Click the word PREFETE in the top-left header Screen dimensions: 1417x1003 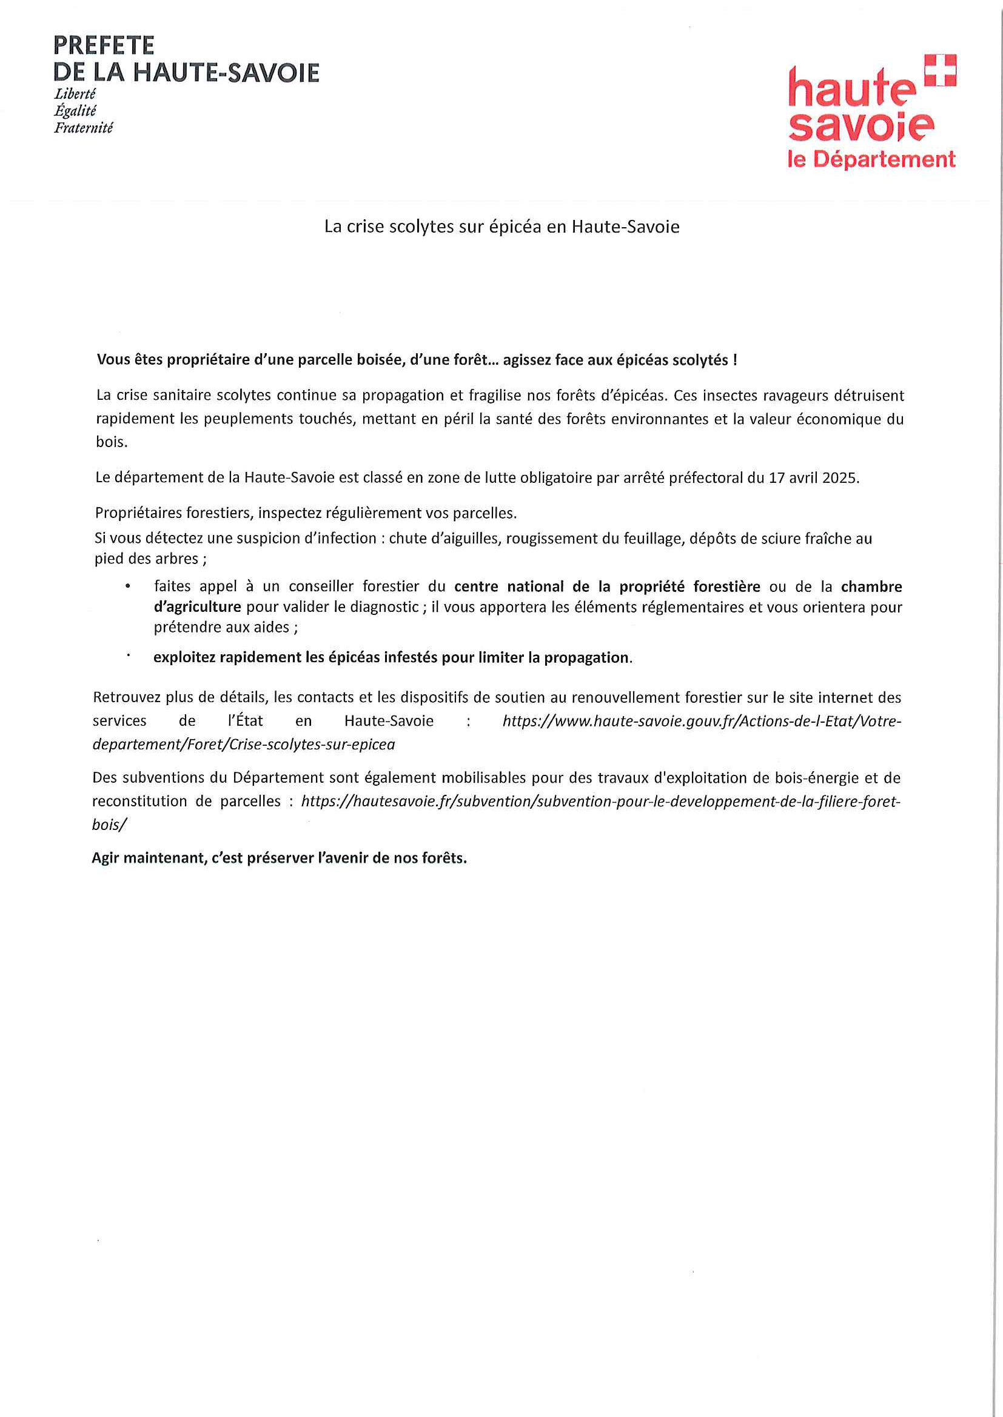point(104,45)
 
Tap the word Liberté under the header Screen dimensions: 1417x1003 point(75,95)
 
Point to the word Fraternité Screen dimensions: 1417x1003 point(83,128)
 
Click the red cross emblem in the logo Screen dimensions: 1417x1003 point(939,70)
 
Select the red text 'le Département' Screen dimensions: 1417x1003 point(871,159)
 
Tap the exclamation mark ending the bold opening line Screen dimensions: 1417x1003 point(734,360)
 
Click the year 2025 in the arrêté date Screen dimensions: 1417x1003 point(840,477)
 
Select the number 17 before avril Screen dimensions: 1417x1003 point(776,477)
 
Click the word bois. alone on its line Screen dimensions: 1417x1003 point(112,442)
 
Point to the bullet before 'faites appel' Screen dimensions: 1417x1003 point(128,586)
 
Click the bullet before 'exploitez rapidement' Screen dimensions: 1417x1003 point(129,656)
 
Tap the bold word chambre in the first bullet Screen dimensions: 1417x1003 point(871,586)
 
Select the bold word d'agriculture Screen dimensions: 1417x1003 point(197,606)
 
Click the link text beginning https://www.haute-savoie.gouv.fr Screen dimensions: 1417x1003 point(702,721)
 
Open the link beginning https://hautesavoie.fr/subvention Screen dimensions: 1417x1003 point(600,801)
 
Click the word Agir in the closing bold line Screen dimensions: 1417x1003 point(106,858)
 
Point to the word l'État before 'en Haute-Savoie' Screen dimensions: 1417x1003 point(245,721)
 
